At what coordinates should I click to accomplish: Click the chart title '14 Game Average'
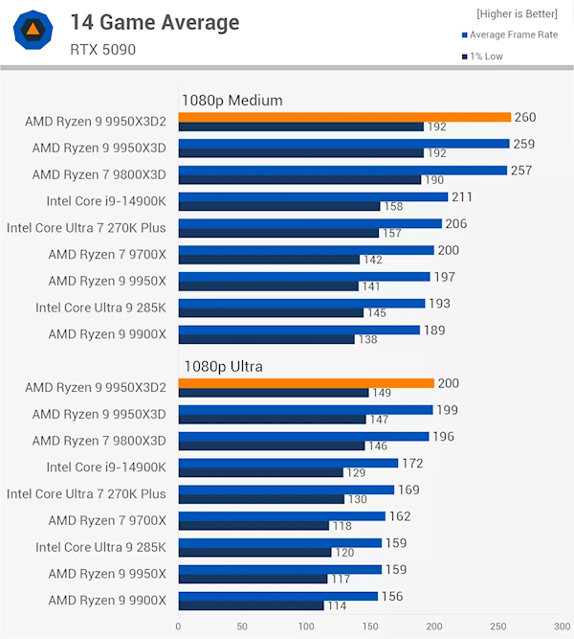pyautogui.click(x=154, y=22)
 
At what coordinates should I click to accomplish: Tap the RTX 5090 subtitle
pyautogui.click(x=103, y=49)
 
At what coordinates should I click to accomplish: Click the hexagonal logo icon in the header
pyautogui.click(x=33, y=31)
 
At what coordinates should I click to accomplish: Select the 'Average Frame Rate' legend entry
pyautogui.click(x=508, y=35)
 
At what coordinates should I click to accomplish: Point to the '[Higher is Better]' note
pyautogui.click(x=517, y=13)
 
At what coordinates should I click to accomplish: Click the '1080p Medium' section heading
pyautogui.click(x=232, y=100)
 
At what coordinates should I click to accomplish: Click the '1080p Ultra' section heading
pyautogui.click(x=222, y=366)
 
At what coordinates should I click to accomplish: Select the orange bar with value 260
pyautogui.click(x=344, y=117)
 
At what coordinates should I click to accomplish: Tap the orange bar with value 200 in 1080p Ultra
pyautogui.click(x=306, y=383)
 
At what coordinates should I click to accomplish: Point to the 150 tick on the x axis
pyautogui.click(x=370, y=626)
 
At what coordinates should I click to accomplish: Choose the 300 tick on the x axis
pyautogui.click(x=562, y=626)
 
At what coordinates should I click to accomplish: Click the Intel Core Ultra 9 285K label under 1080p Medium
pyautogui.click(x=100, y=308)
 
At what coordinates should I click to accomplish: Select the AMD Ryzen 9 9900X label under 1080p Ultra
pyautogui.click(x=107, y=601)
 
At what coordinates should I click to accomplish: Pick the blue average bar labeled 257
pyautogui.click(x=342, y=171)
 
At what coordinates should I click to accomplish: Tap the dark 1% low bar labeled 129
pyautogui.click(x=260, y=472)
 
